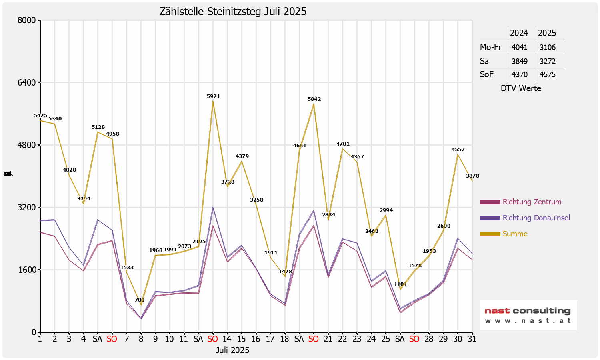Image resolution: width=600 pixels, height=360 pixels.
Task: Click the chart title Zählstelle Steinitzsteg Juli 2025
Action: [233, 12]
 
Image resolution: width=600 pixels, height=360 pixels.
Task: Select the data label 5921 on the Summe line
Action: [213, 96]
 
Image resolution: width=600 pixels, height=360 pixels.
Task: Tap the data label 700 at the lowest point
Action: [140, 300]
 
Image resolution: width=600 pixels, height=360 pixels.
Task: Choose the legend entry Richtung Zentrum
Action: [532, 202]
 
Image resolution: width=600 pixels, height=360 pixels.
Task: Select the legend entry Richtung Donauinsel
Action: [536, 218]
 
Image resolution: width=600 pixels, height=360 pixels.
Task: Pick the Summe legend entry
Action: [515, 234]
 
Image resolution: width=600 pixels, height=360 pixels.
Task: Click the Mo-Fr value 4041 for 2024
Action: [519, 47]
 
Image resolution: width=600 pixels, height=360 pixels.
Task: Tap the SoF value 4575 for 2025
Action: [547, 74]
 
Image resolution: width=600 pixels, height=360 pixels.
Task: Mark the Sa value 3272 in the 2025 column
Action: [547, 61]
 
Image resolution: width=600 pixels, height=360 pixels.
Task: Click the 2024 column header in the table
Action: [519, 33]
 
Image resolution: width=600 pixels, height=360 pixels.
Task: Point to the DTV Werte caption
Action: [521, 88]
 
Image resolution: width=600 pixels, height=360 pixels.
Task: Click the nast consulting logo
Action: [528, 315]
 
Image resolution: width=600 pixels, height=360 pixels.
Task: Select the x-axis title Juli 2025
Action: [232, 350]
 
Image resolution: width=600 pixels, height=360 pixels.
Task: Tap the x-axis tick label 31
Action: [472, 339]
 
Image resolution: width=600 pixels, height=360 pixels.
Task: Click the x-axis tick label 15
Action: [241, 339]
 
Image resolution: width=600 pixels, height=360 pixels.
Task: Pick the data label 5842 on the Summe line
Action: [314, 99]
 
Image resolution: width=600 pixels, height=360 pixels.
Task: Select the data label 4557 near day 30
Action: [458, 150]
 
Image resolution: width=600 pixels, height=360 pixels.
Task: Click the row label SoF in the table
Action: [487, 74]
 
